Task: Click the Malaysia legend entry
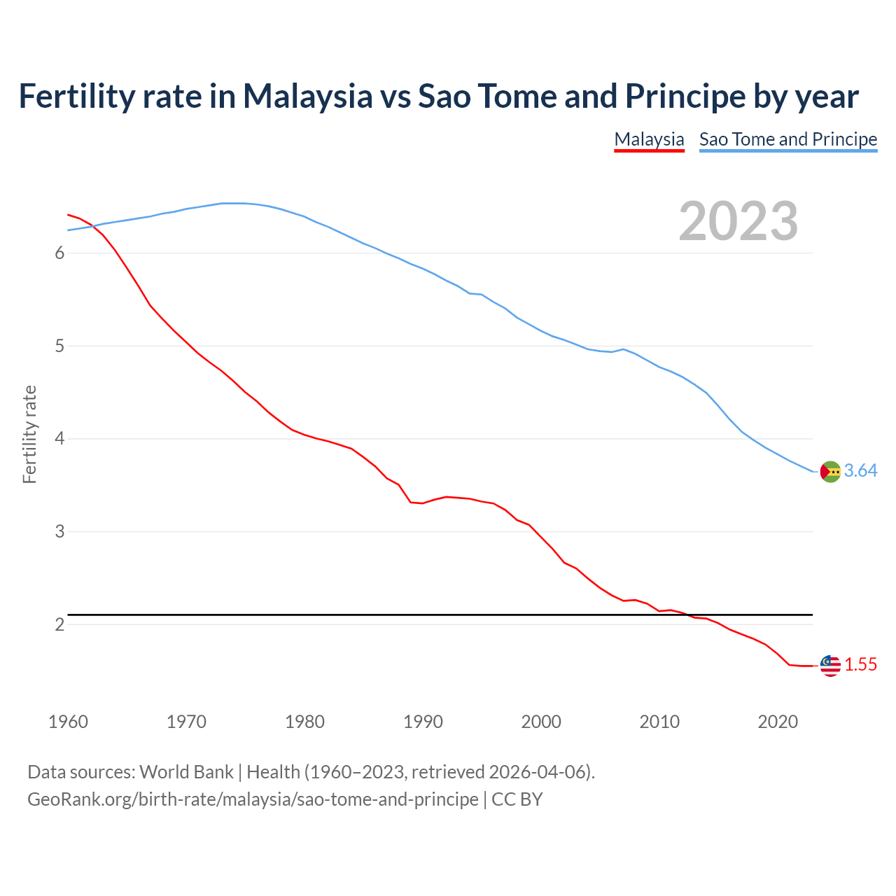click(x=649, y=139)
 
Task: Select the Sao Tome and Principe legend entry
click(x=788, y=139)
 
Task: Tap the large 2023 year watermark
click(x=738, y=221)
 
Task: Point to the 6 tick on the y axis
click(x=59, y=253)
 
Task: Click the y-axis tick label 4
click(x=59, y=439)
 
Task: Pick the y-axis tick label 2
click(x=59, y=624)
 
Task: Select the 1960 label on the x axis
click(x=68, y=722)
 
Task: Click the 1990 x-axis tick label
click(x=423, y=722)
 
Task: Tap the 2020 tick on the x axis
click(x=778, y=722)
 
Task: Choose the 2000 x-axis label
click(x=541, y=722)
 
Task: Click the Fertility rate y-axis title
click(x=29, y=434)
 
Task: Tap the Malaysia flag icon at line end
click(x=830, y=666)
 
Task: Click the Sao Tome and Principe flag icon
click(x=830, y=472)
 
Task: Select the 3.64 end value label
click(x=860, y=471)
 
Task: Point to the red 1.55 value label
click(x=860, y=665)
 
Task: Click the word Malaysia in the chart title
click(x=307, y=96)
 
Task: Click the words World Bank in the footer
click(x=186, y=772)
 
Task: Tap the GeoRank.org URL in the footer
click(x=253, y=799)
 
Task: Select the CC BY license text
click(x=517, y=799)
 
